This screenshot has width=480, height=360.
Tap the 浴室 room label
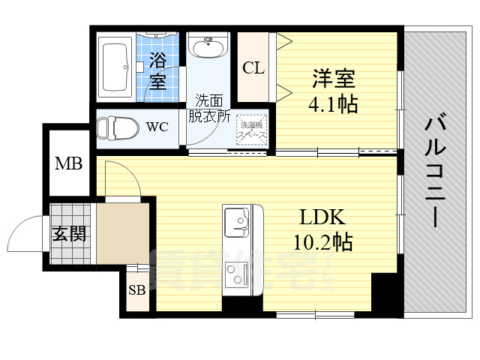coord(157,69)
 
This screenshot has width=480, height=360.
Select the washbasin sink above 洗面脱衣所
coord(207,49)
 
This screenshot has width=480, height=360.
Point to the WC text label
coord(157,127)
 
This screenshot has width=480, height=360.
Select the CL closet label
coord(253,67)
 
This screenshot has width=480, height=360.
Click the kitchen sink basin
coord(237,222)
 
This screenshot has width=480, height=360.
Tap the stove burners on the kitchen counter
coord(238,274)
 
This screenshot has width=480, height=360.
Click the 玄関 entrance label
coord(68,233)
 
